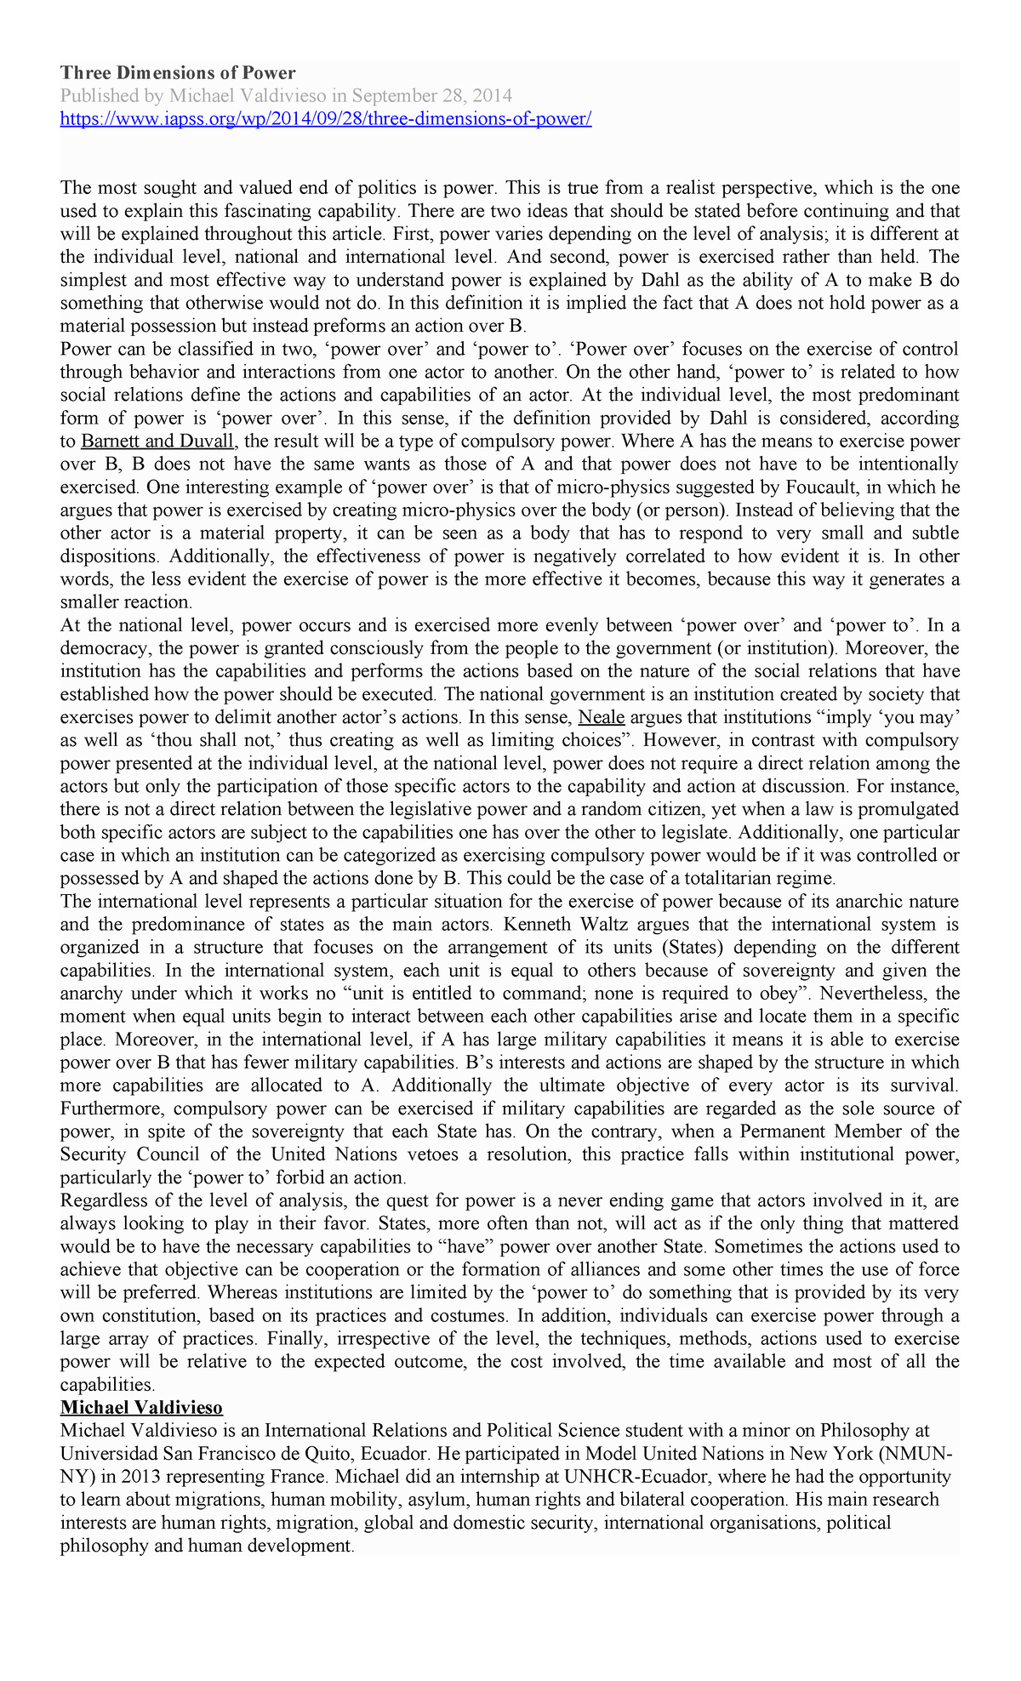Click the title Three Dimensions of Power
[177, 73]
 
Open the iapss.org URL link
[325, 118]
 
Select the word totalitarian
[736, 878]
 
